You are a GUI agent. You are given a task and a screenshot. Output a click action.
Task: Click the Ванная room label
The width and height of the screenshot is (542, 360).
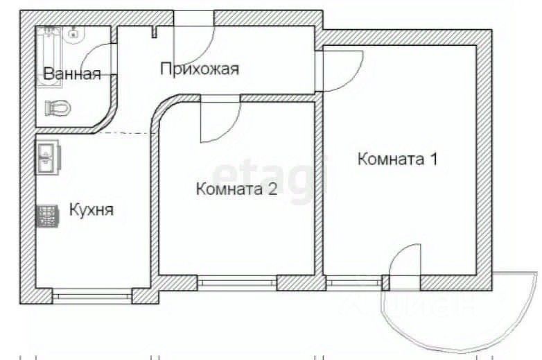click(x=72, y=74)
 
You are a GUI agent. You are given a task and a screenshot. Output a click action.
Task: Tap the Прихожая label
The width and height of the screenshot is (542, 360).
click(x=200, y=69)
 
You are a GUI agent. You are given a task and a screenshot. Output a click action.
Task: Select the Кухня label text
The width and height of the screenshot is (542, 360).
click(x=91, y=210)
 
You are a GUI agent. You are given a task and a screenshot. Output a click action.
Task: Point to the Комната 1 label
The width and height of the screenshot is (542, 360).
click(x=398, y=159)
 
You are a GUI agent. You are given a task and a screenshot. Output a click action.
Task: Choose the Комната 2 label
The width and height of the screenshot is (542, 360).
click(x=237, y=189)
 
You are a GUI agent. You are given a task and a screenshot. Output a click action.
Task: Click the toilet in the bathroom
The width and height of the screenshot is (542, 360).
click(x=58, y=108)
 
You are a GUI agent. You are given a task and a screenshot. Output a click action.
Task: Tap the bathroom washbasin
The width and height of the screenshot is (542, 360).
click(x=74, y=34)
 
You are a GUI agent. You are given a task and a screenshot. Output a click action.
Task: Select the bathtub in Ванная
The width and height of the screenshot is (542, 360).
click(x=49, y=57)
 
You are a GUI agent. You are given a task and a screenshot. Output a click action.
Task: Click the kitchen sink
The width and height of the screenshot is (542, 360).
click(x=47, y=157)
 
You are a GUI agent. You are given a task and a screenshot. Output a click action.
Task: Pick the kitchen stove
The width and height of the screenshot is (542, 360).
click(x=47, y=216)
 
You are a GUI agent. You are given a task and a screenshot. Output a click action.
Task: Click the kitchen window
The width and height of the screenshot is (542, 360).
click(x=92, y=296)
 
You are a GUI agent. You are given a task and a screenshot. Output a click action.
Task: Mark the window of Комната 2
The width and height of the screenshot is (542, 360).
click(x=237, y=283)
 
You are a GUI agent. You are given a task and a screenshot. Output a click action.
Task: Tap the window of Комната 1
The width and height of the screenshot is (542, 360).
click(x=354, y=283)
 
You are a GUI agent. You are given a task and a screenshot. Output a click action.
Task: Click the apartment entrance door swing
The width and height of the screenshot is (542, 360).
click(x=193, y=36)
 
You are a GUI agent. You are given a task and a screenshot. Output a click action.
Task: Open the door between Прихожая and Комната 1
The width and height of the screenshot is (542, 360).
click(x=339, y=71)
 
